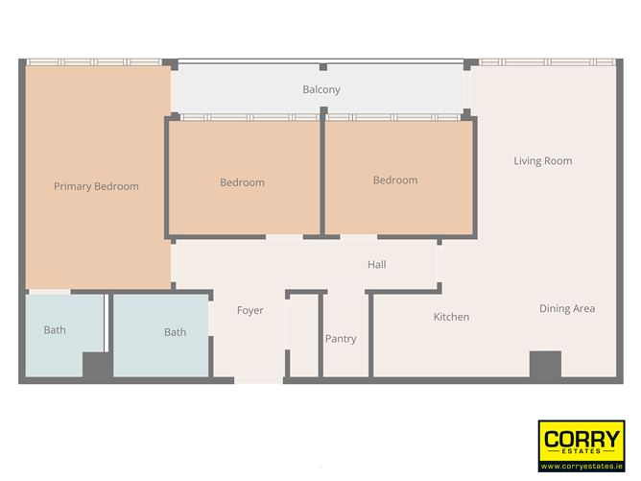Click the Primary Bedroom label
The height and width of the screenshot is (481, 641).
96,186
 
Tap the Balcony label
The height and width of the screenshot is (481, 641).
321,89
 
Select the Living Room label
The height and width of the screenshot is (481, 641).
542,160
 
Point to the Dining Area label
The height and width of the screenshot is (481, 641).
566,308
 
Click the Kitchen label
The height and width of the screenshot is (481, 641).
451,317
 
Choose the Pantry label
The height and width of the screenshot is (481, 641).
341,339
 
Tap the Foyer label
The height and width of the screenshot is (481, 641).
249,310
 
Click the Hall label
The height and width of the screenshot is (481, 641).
376,264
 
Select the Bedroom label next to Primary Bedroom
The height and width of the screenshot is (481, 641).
242,182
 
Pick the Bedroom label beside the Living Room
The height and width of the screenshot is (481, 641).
395,180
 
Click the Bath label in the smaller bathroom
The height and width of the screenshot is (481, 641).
55,330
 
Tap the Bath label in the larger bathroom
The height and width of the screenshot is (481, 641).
175,332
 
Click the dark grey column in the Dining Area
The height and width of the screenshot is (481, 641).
545,365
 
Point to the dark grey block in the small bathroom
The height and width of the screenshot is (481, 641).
96,366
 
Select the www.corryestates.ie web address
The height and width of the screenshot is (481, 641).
582,467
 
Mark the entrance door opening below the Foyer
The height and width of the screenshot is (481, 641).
258,381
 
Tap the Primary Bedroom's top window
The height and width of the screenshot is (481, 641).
93,62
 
